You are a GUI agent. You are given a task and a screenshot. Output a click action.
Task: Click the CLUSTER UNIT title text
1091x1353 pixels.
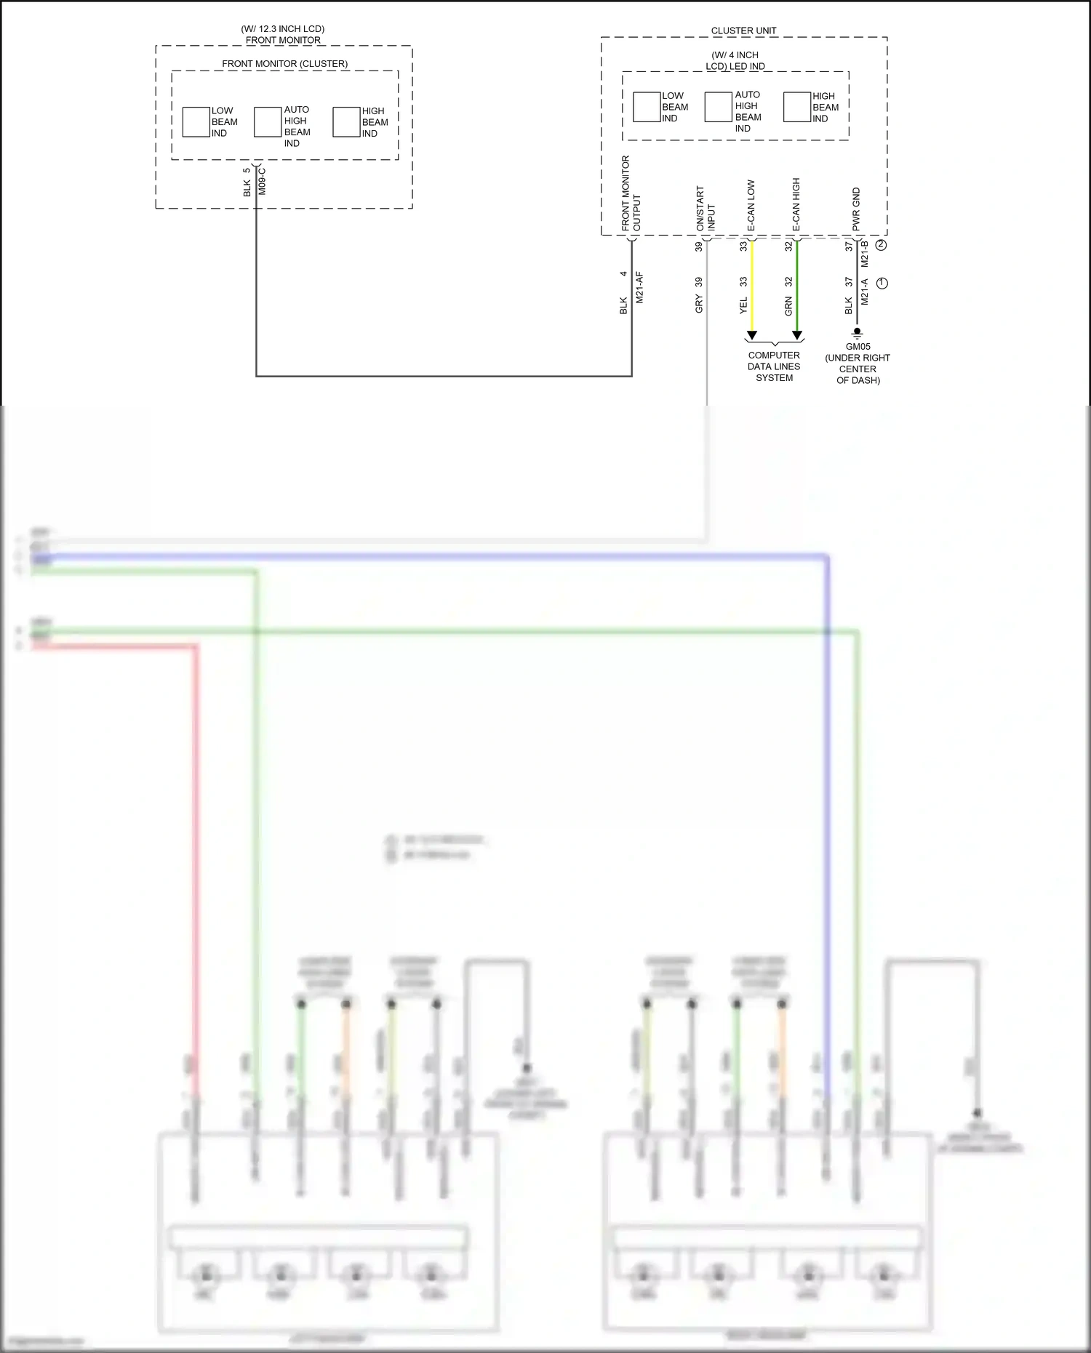point(743,31)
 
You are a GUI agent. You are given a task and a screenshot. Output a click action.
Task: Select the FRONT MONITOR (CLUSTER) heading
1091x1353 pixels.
point(284,64)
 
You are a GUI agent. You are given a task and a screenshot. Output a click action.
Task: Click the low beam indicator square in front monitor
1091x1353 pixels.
point(196,122)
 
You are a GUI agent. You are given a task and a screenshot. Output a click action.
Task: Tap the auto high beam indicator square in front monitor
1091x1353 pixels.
point(268,122)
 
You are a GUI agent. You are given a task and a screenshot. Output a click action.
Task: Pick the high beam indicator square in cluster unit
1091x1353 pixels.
point(796,107)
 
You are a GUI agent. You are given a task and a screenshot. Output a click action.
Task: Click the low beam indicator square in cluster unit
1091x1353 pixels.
point(646,107)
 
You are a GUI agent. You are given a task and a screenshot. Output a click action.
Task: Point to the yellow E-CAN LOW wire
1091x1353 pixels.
point(752,287)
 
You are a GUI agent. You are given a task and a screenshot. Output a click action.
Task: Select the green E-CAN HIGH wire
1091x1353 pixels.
point(797,287)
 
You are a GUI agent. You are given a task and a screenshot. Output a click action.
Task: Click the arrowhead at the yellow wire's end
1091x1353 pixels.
point(752,336)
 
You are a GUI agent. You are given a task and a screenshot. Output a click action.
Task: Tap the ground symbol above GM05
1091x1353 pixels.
point(858,333)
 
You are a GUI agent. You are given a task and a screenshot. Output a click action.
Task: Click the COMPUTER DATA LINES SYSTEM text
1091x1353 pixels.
point(774,366)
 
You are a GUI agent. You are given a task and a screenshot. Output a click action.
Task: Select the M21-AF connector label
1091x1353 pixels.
point(640,288)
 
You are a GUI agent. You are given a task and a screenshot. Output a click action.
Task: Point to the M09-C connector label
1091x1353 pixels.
point(263,182)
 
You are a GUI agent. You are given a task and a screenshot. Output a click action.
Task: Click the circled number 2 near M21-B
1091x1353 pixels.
point(882,245)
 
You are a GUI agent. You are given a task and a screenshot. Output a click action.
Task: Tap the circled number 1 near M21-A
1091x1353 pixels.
point(882,283)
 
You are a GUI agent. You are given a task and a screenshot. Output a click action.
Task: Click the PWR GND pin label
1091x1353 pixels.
point(856,209)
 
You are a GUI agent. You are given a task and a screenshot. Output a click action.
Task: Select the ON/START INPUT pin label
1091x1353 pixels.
point(706,209)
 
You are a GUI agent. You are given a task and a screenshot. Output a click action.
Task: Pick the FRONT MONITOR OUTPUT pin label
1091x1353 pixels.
point(631,194)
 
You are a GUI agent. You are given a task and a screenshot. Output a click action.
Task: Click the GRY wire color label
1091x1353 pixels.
point(699,304)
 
